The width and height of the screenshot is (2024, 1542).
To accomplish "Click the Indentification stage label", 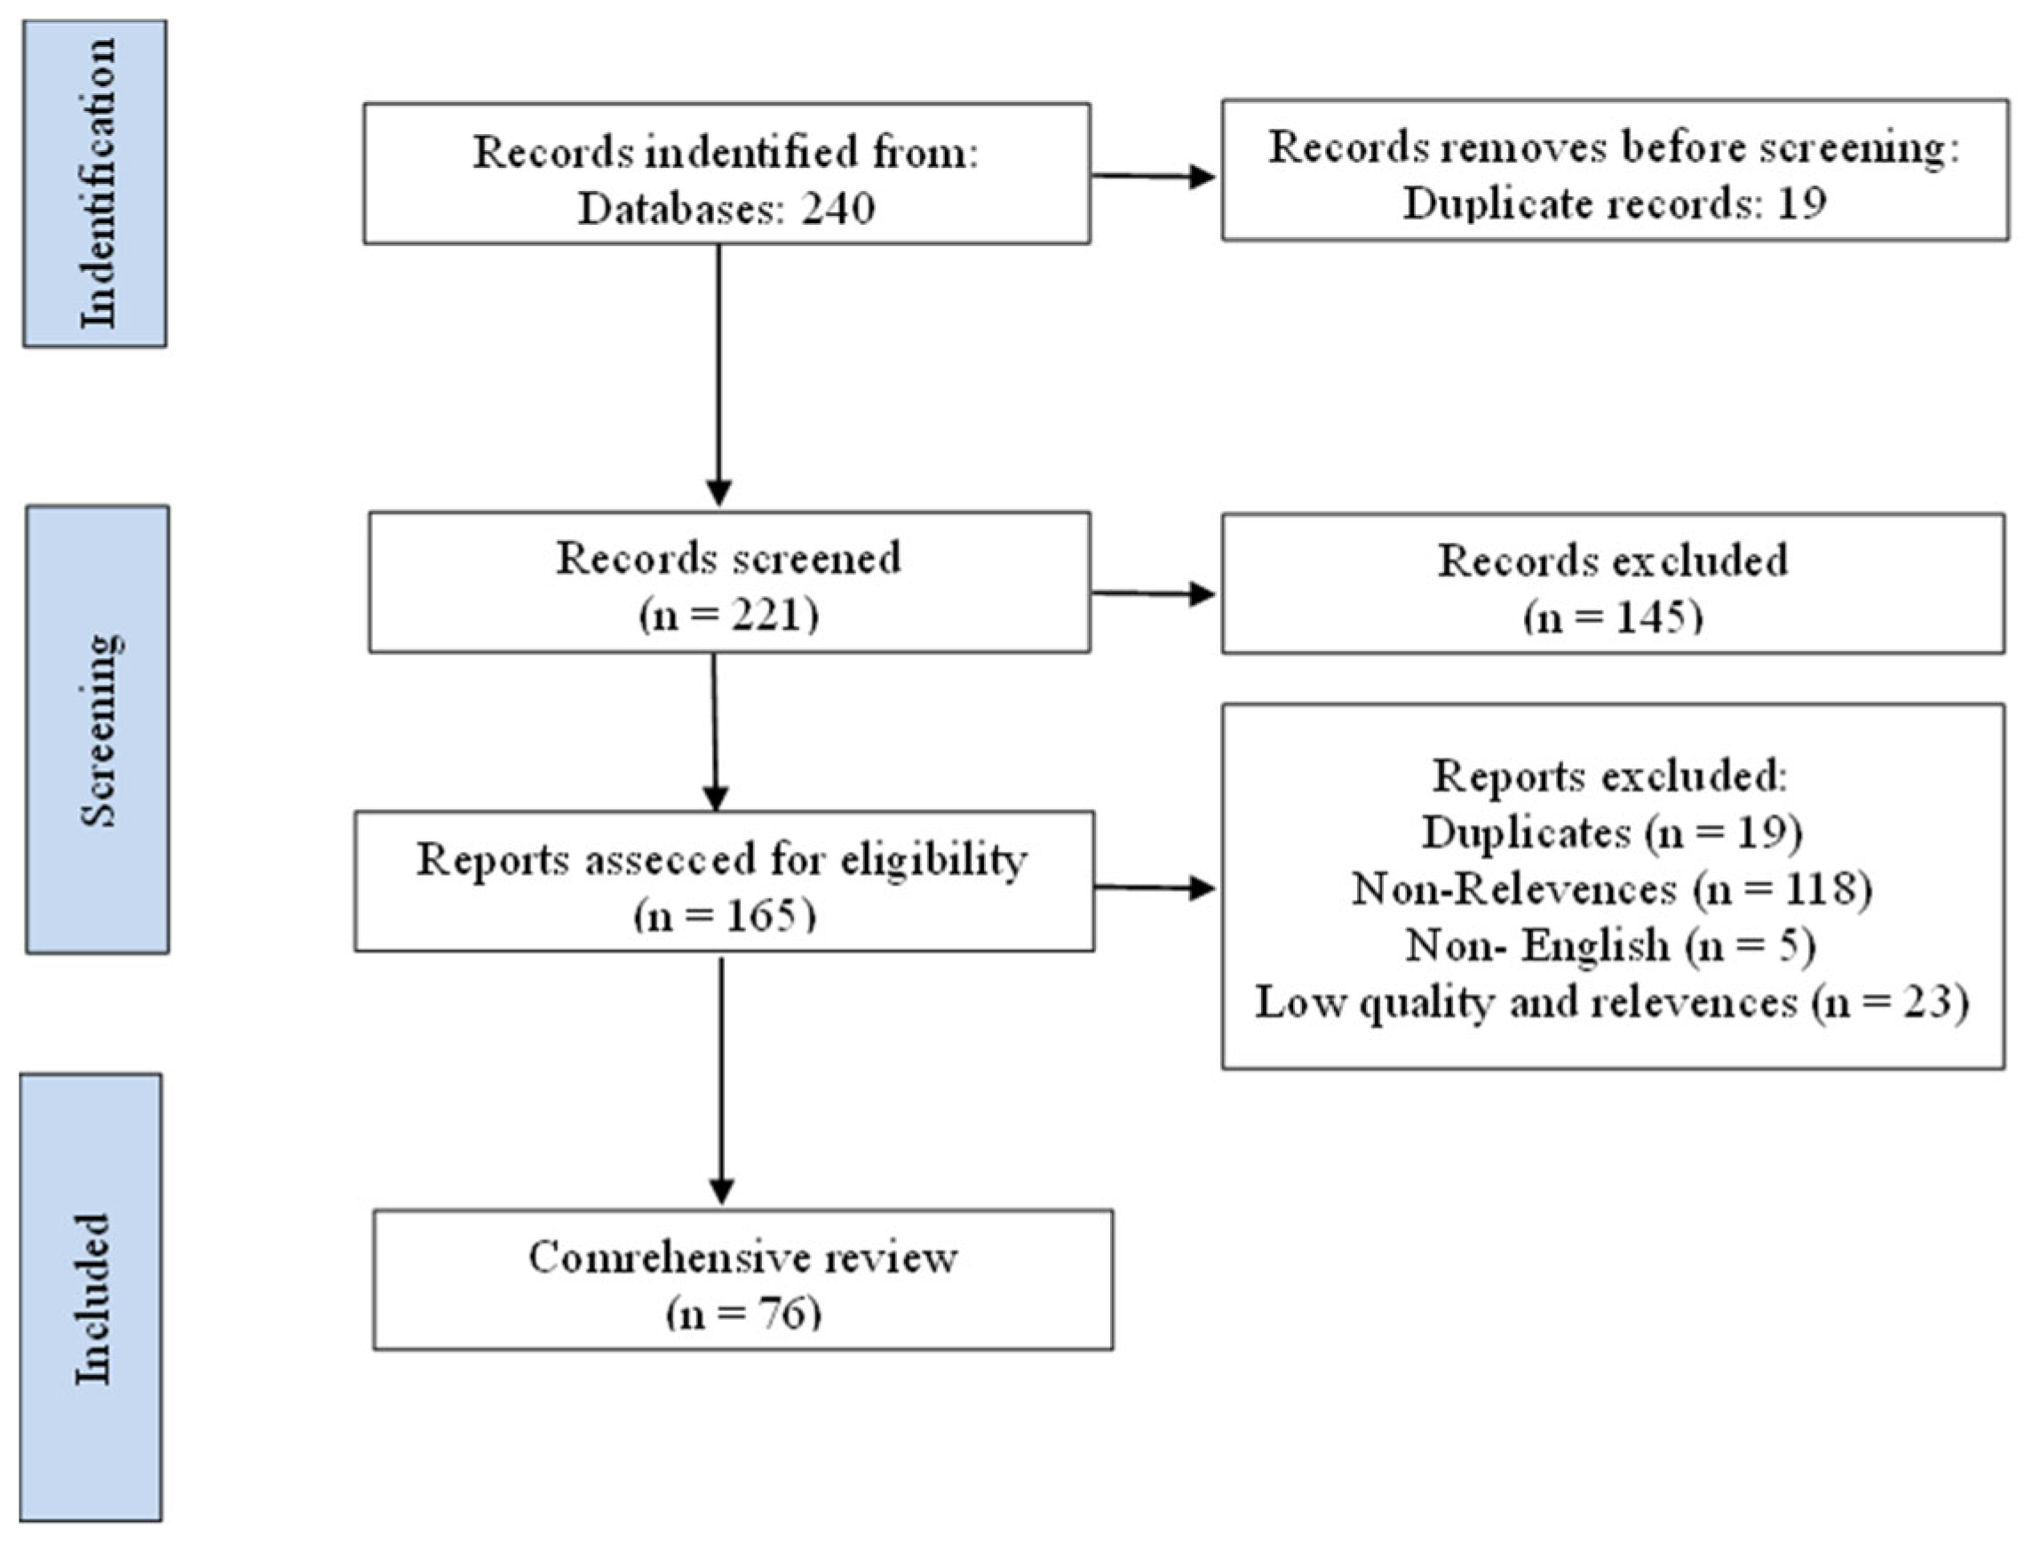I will coord(95,184).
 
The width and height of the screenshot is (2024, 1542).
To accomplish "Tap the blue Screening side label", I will coord(99,730).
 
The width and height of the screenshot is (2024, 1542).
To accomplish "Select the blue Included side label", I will coord(91,1298).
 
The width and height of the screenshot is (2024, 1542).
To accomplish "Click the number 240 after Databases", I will coord(837,209).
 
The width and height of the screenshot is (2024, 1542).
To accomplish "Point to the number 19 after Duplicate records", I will coord(1801,203).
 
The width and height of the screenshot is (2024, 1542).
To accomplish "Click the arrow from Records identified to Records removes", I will coord(1154,175).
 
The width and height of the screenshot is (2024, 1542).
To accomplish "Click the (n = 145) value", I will coord(1613,616).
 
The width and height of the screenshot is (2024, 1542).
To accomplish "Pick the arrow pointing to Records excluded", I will coord(1154,594).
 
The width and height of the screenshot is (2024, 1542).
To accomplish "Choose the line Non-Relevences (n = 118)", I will coord(1612,888).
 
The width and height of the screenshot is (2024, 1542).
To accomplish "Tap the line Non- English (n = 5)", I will coord(1610,944).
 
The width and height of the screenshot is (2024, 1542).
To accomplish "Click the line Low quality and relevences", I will coord(1612,1001).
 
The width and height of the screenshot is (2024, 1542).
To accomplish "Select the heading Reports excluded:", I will coord(1610,775).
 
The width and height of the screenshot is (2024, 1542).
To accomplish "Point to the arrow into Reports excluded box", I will coord(1155,887).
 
